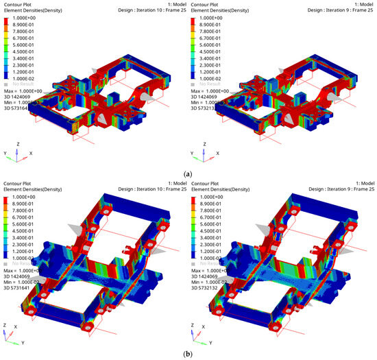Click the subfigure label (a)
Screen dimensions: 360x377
(188, 174)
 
